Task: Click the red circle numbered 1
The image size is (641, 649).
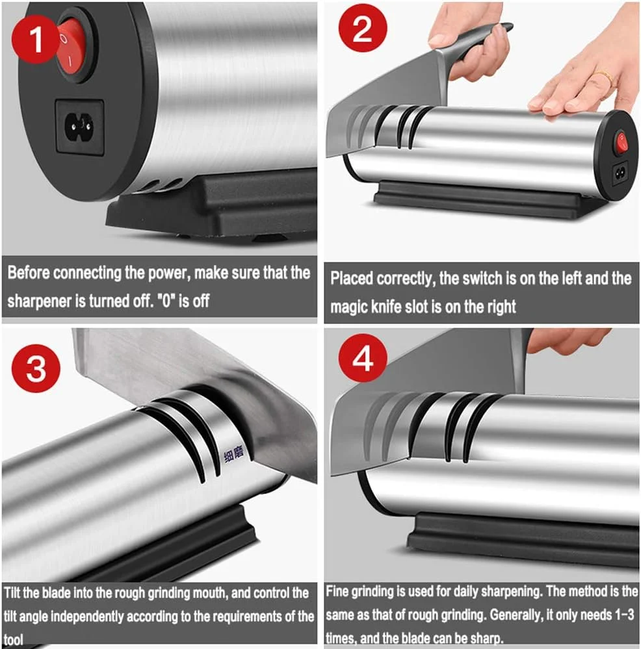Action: (x=36, y=39)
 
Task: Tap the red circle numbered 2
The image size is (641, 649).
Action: (x=363, y=28)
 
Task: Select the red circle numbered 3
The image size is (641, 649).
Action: (x=36, y=368)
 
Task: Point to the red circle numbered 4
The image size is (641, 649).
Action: (x=363, y=359)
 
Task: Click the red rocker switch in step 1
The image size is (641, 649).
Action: (x=72, y=46)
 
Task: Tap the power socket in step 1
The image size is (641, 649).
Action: (x=79, y=126)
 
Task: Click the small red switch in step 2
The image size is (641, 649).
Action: (x=621, y=142)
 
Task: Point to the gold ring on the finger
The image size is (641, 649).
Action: (x=603, y=77)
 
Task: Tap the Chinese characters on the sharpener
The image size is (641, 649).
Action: (x=234, y=455)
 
